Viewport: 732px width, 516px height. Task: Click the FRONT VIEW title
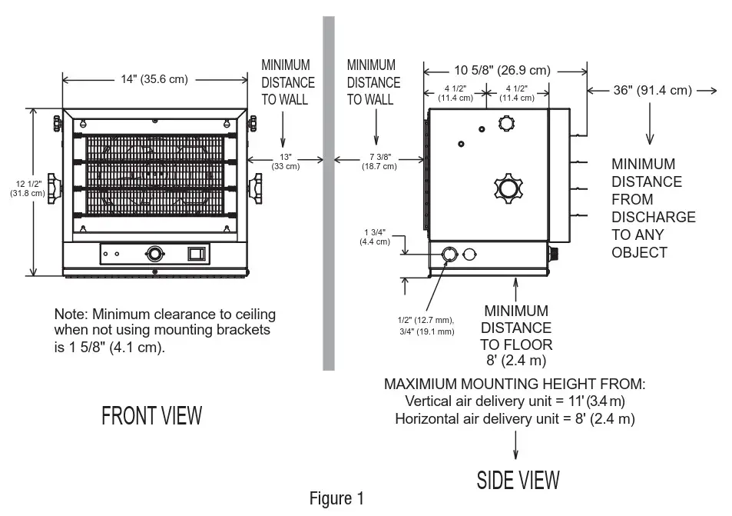click(x=152, y=416)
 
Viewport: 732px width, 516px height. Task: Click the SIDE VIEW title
click(x=518, y=480)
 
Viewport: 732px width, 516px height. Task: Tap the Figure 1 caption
click(x=336, y=498)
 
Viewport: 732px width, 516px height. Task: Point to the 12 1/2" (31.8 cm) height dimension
click(x=20, y=188)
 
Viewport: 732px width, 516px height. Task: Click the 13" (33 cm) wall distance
click(x=287, y=161)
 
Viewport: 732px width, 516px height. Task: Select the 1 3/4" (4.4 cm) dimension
click(x=375, y=237)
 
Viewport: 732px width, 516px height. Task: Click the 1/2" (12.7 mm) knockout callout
click(x=425, y=320)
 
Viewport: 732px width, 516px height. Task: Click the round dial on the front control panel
click(x=155, y=253)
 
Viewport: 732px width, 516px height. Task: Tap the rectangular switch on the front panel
click(x=197, y=252)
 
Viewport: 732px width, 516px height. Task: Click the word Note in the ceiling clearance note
click(x=68, y=315)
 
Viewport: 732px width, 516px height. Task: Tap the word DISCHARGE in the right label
click(x=653, y=217)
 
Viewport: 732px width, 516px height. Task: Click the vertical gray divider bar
click(x=329, y=192)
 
